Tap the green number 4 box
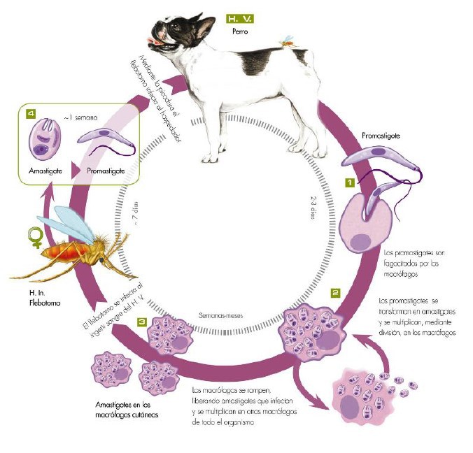(30, 112)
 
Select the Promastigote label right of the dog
(381, 136)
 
